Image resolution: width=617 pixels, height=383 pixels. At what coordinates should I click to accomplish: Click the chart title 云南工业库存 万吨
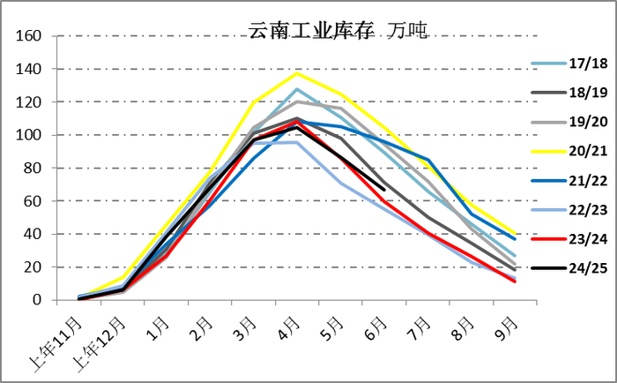point(338,30)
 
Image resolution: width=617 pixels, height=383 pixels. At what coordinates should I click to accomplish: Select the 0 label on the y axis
point(37,301)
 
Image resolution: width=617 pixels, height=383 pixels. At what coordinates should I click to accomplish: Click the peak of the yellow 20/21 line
point(297,73)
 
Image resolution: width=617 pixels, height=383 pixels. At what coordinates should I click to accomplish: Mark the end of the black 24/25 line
point(384,189)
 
